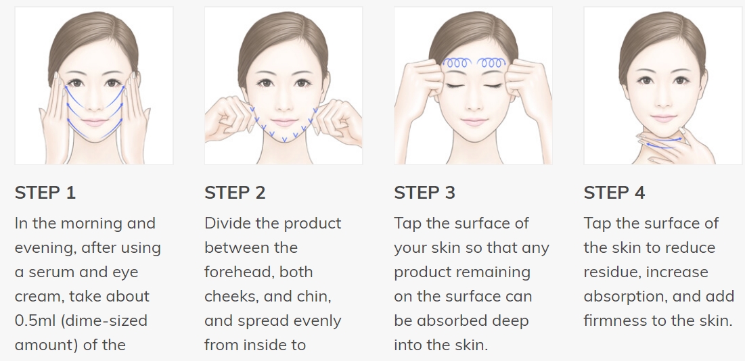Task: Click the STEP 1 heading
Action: pos(45,193)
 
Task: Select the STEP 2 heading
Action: pos(235,193)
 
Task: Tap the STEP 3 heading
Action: pos(424,193)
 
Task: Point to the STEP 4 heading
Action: pos(614,193)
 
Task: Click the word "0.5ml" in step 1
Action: pos(35,320)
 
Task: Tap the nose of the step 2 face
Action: pos(283,103)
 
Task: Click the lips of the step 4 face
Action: pos(663,118)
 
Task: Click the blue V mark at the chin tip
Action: pos(284,139)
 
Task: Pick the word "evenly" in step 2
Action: pos(318,321)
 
